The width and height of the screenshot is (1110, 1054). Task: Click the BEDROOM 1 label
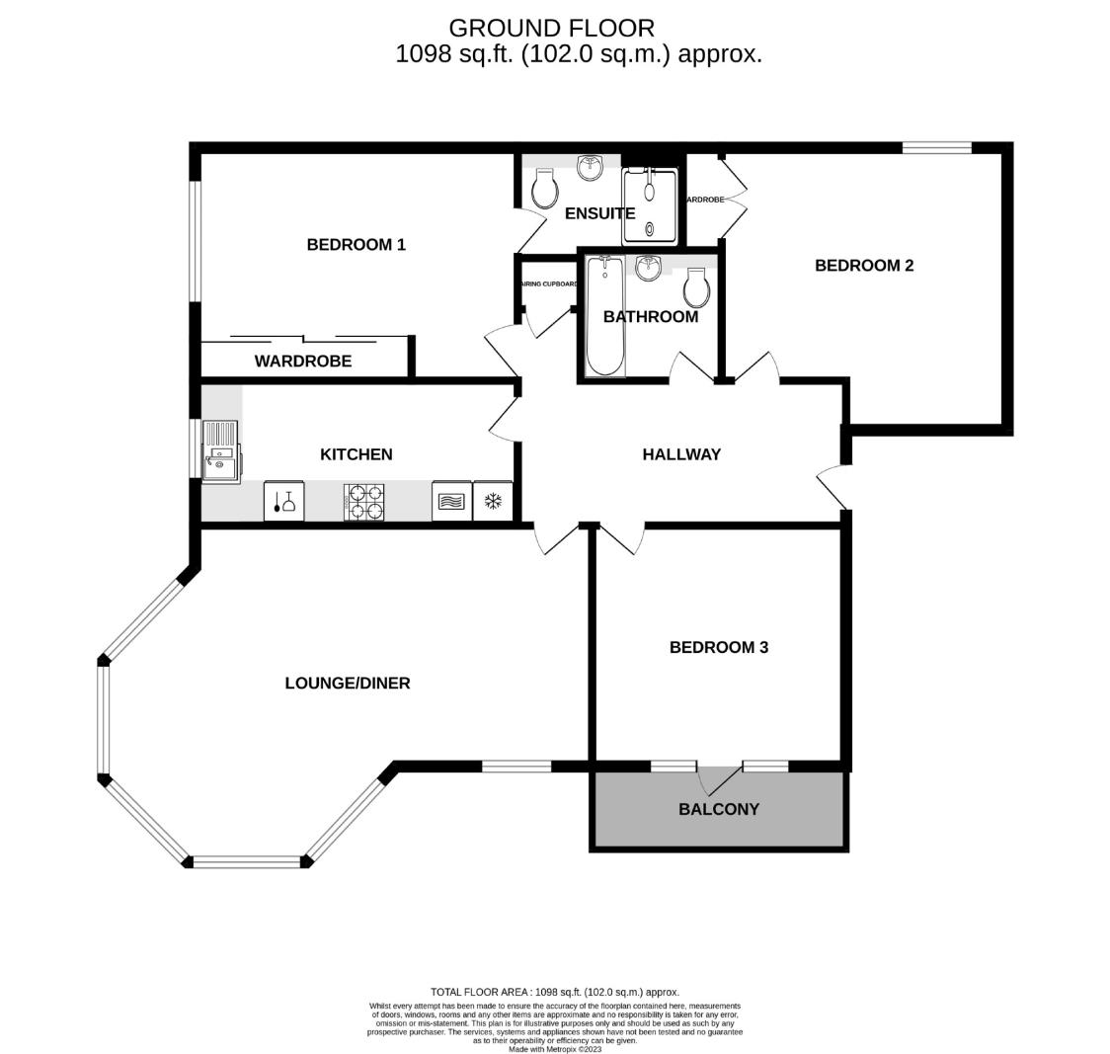pyautogui.click(x=356, y=244)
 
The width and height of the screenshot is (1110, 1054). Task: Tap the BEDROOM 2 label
pyautogui.click(x=863, y=265)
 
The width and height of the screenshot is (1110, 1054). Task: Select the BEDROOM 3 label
pyautogui.click(x=718, y=647)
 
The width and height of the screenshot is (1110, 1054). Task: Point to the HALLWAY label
pyautogui.click(x=681, y=454)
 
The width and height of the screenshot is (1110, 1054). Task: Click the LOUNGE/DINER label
pyautogui.click(x=347, y=683)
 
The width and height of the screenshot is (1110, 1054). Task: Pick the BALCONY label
pyautogui.click(x=718, y=809)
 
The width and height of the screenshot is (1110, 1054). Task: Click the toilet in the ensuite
pyautogui.click(x=543, y=187)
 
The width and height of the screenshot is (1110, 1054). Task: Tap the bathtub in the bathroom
pyautogui.click(x=604, y=316)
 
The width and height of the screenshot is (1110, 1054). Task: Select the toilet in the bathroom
pyautogui.click(x=697, y=287)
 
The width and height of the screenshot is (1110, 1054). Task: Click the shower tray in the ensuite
pyautogui.click(x=651, y=206)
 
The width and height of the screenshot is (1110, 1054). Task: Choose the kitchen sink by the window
pyautogui.click(x=220, y=452)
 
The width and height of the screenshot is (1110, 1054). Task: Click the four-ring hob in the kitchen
pyautogui.click(x=363, y=501)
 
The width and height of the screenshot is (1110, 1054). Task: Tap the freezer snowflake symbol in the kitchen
pyautogui.click(x=493, y=501)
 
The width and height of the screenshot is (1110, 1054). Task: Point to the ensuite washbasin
pyautogui.click(x=591, y=167)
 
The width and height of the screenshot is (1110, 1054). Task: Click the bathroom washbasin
pyautogui.click(x=649, y=267)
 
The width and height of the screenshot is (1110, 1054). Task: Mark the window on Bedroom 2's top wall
pyautogui.click(x=936, y=148)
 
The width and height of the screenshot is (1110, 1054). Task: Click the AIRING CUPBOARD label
pyautogui.click(x=548, y=284)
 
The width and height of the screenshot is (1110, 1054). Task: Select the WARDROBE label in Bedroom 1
pyautogui.click(x=302, y=362)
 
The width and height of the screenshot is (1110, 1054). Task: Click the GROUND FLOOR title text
pyautogui.click(x=551, y=28)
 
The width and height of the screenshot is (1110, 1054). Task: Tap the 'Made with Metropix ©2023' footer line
pyautogui.click(x=554, y=1049)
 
